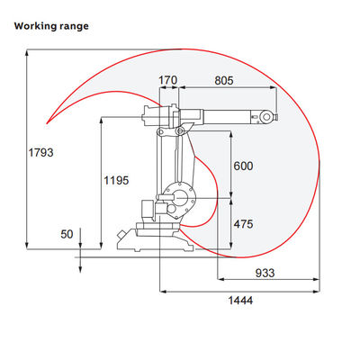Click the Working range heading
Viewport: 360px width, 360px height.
(51, 26)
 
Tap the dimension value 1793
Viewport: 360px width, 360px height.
(40, 153)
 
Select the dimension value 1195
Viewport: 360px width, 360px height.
(116, 180)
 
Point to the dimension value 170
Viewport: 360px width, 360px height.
(167, 80)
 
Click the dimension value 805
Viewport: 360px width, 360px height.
(224, 80)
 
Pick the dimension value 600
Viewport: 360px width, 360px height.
(243, 166)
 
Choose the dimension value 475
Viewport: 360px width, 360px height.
(243, 224)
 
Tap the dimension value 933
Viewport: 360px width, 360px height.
(265, 273)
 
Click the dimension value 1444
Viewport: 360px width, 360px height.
(240, 301)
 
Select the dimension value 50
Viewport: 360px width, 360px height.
(67, 234)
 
